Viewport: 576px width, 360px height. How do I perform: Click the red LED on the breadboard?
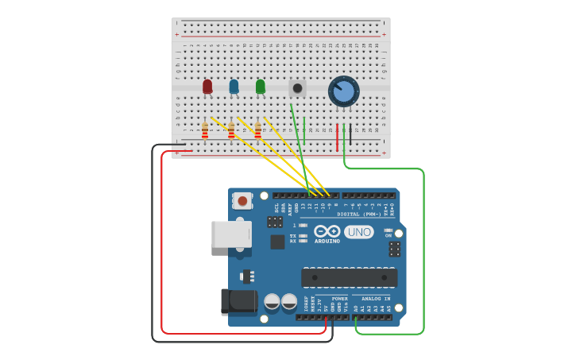207,86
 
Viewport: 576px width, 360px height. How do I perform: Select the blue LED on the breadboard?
234,86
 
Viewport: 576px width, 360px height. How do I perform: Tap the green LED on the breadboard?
261,86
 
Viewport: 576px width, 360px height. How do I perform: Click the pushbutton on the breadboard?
297,88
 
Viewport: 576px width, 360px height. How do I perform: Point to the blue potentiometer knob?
344,91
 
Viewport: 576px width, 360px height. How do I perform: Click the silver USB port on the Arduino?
231,234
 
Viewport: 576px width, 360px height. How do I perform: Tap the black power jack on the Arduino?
239,301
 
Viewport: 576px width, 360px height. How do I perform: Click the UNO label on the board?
359,232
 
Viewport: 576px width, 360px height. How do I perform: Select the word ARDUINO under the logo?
327,241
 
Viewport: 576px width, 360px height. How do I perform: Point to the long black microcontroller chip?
349,277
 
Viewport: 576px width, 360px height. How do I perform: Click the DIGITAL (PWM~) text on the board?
360,214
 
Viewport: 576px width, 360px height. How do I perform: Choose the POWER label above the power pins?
339,299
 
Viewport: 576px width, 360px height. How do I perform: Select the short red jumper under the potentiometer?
337,137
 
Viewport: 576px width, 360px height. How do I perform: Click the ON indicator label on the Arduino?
389,235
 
